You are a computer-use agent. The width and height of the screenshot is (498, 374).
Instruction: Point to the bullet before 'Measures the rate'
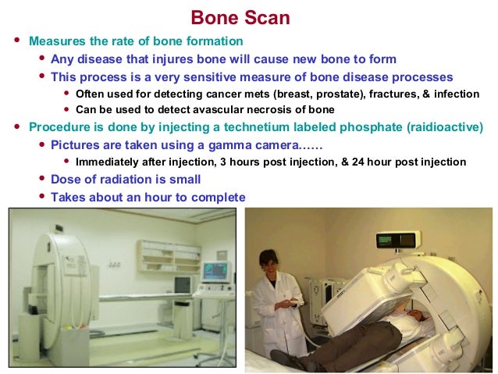(x=17, y=41)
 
